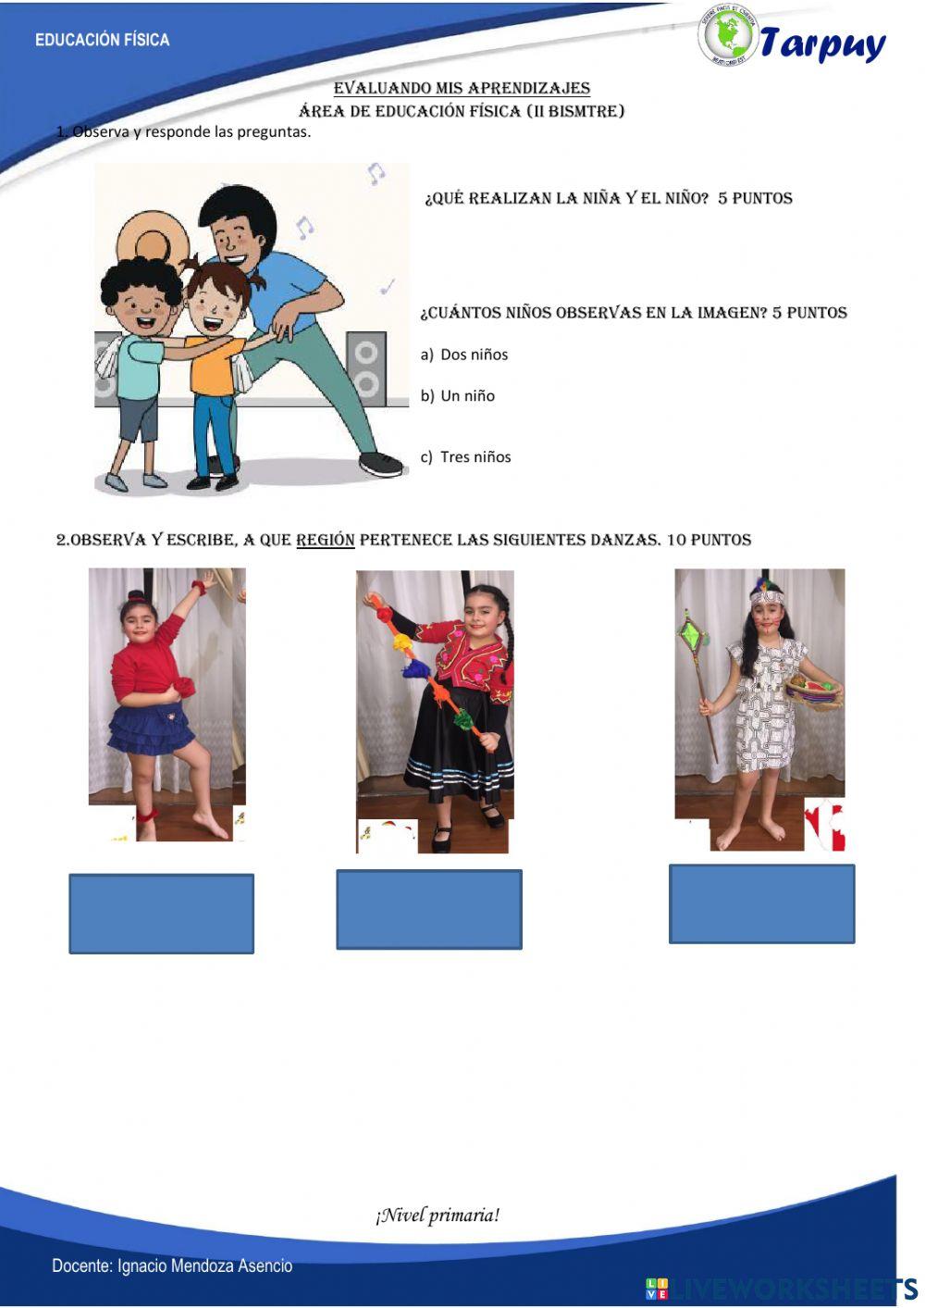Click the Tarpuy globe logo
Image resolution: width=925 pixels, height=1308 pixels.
click(728, 35)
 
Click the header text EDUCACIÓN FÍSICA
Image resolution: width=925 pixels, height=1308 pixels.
click(102, 40)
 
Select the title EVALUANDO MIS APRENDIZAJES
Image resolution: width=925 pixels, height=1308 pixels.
click(462, 88)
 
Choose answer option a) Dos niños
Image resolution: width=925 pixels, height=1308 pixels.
click(465, 355)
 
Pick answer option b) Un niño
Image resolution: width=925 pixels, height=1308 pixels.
click(459, 396)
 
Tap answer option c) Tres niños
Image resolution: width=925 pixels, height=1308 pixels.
click(466, 457)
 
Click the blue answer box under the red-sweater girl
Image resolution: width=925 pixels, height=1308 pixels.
click(161, 914)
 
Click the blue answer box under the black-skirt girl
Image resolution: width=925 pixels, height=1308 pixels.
click(428, 909)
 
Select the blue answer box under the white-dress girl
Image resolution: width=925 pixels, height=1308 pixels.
click(761, 904)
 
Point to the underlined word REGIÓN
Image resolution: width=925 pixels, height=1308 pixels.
click(325, 540)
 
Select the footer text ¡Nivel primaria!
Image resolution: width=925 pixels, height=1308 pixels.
click(438, 1215)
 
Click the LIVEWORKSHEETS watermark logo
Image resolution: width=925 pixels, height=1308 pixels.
click(782, 1289)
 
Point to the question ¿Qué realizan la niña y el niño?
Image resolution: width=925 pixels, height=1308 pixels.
click(608, 198)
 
